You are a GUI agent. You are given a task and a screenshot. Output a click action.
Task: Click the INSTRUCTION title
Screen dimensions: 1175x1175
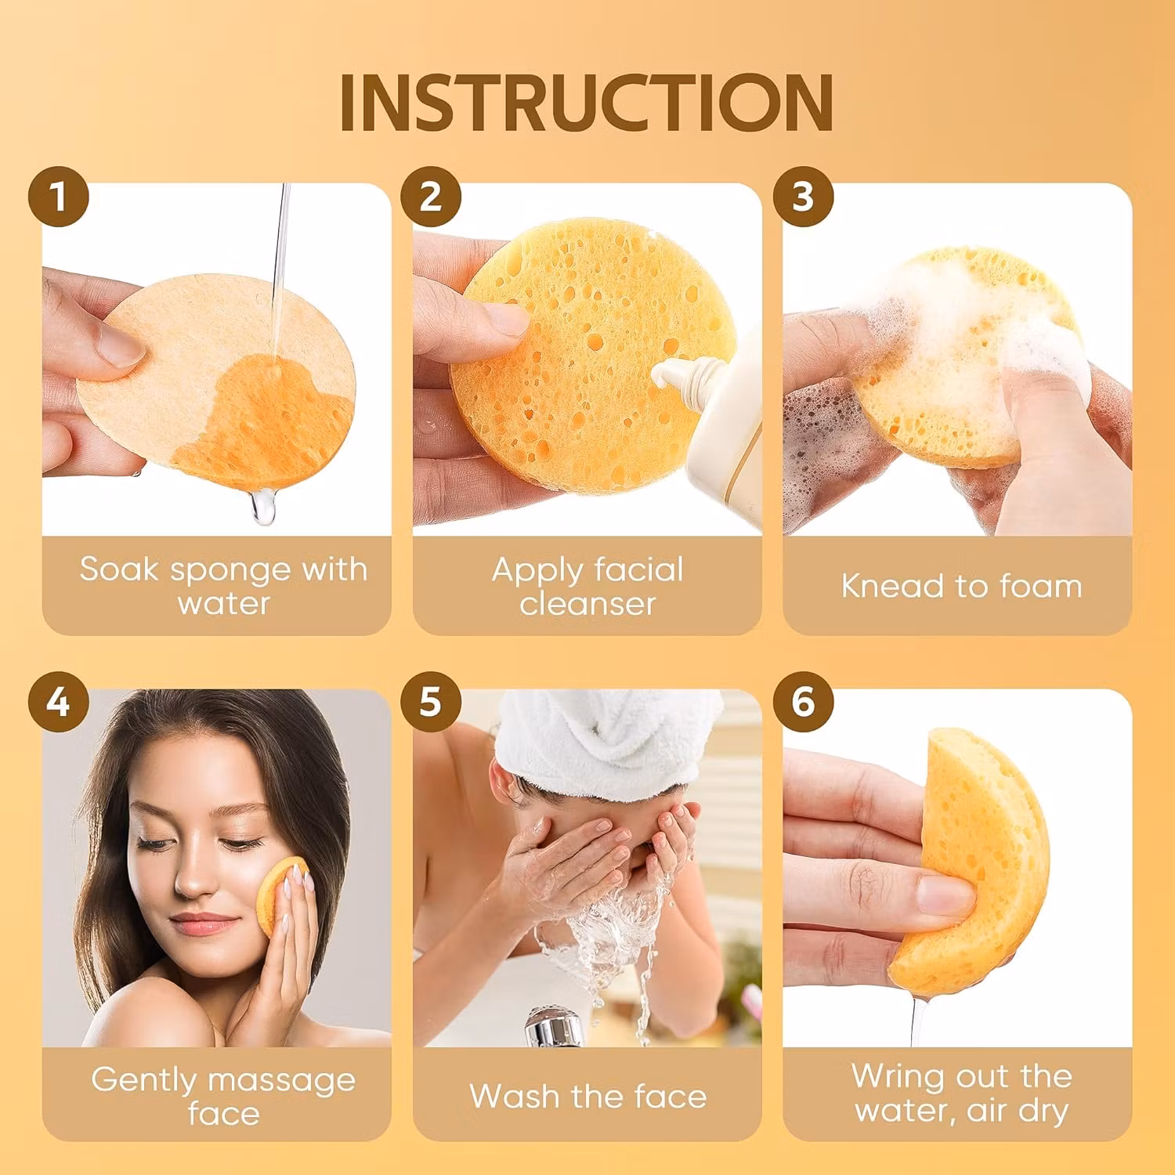coord(586,103)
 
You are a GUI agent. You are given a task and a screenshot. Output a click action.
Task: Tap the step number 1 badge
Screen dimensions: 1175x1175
coord(58,197)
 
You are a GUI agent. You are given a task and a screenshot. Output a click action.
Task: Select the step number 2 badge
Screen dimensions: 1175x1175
coord(430,197)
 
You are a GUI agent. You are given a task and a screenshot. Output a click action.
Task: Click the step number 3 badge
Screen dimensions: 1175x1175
coord(803,197)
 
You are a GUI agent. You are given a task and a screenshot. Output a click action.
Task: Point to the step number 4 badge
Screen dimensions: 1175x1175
coord(58,702)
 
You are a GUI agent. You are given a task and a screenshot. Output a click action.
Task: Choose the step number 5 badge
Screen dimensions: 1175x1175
coord(430,702)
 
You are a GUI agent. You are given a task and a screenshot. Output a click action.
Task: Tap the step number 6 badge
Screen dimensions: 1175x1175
coord(803,702)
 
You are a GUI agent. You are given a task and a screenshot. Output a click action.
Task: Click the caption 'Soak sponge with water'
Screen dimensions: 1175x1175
coord(223,586)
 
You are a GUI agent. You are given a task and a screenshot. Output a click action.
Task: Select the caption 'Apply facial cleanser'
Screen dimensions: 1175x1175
coord(587,586)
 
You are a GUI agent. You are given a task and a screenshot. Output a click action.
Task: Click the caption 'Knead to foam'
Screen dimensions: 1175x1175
coord(961,586)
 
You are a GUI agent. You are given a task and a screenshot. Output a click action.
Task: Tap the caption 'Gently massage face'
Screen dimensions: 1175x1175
coord(223,1095)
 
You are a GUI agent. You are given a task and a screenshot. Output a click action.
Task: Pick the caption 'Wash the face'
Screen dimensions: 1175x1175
coord(587,1096)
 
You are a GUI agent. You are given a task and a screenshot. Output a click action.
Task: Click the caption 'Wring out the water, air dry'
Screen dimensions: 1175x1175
coord(961,1093)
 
